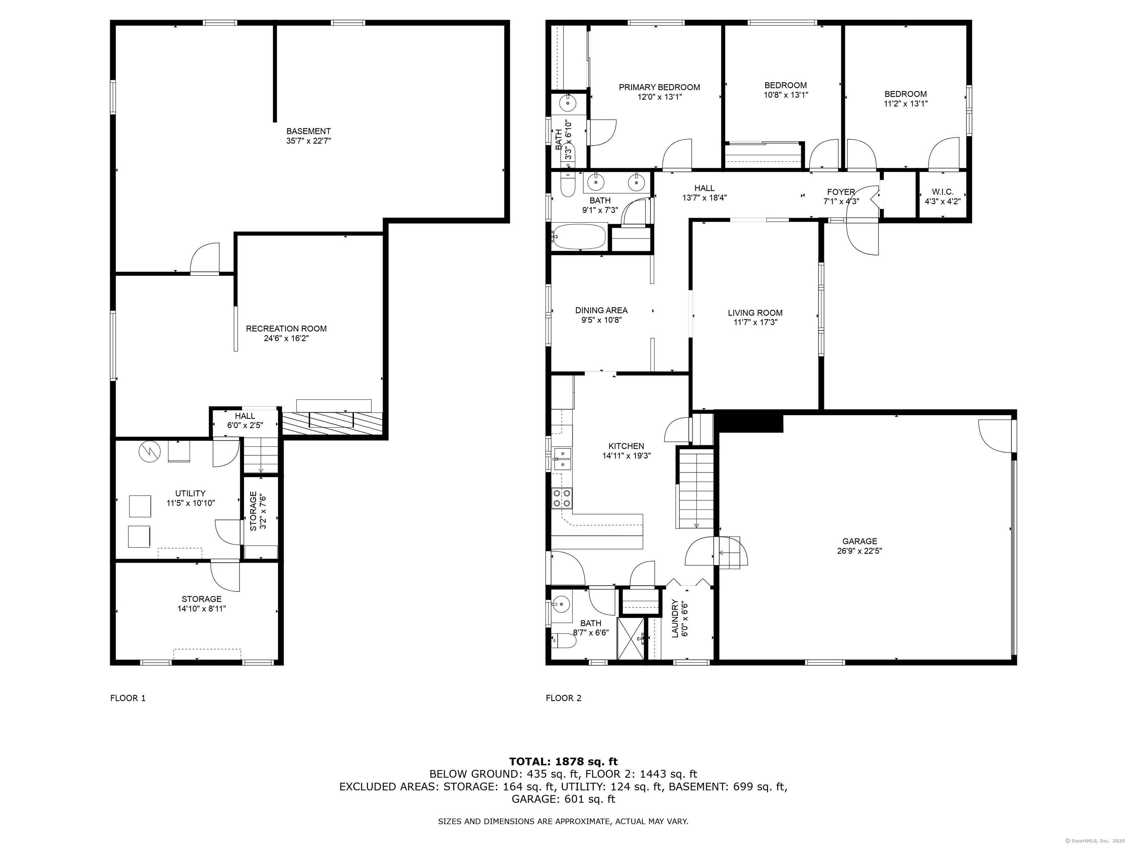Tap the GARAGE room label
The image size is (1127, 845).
[x=860, y=541]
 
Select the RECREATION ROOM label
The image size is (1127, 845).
[x=286, y=329]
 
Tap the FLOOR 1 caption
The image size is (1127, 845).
[x=128, y=698]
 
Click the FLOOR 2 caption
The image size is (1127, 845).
[x=563, y=698]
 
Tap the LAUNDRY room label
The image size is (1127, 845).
[x=675, y=618]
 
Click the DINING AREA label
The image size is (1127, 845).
[x=601, y=310]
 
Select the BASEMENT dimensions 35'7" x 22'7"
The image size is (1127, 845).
[x=309, y=140]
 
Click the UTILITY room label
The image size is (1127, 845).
[x=190, y=493]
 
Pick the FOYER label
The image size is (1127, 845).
[x=841, y=192]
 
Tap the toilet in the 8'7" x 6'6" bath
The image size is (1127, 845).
[x=563, y=641]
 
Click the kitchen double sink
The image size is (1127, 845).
[x=562, y=458]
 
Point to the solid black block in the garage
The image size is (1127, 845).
[x=748, y=421]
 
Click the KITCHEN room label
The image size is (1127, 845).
[x=626, y=446]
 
